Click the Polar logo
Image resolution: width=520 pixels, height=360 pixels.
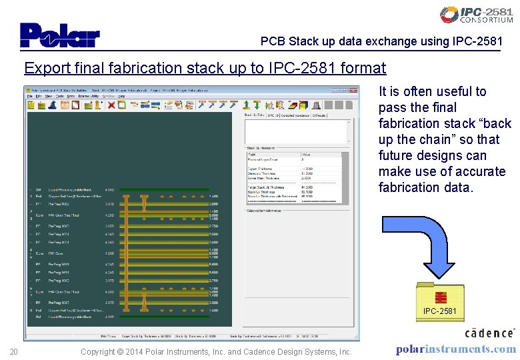point(59,35)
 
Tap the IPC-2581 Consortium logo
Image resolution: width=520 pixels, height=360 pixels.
point(476,15)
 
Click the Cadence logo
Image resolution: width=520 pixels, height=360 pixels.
point(489,333)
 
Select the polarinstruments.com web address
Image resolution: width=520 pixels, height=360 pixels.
point(455,349)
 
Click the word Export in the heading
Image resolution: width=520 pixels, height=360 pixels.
point(45,68)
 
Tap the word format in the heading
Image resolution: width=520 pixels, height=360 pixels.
point(363,68)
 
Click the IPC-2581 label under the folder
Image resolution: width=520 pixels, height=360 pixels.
point(439,311)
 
